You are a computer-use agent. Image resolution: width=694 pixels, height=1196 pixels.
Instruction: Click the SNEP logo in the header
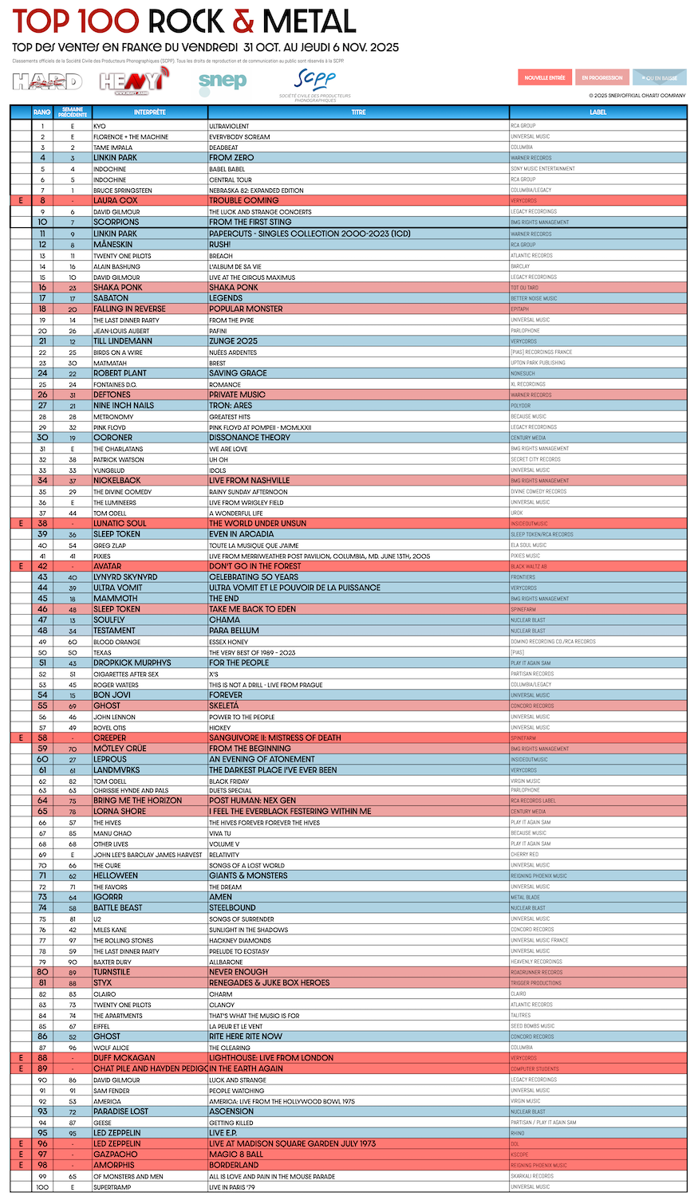[x=223, y=81]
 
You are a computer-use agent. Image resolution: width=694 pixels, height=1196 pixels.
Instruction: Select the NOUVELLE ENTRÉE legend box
[x=545, y=77]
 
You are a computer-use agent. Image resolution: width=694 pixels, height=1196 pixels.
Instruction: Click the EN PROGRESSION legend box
[x=602, y=77]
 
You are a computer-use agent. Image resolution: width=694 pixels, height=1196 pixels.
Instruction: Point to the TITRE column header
[x=358, y=112]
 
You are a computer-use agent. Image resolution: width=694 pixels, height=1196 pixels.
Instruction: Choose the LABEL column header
[x=597, y=112]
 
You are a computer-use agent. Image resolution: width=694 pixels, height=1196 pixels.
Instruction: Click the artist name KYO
[x=100, y=126]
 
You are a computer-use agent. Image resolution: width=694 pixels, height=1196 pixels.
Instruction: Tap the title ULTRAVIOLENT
[x=229, y=126]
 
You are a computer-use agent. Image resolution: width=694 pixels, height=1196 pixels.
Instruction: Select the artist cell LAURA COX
[x=115, y=201]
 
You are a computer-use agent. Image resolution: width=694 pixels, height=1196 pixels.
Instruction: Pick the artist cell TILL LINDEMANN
[x=122, y=341]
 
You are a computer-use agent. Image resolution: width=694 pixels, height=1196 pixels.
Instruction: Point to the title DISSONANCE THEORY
[x=250, y=438]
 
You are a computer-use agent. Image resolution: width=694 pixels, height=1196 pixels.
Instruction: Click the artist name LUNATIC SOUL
[x=120, y=524]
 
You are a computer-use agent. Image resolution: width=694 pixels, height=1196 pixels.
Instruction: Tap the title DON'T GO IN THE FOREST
[x=256, y=566]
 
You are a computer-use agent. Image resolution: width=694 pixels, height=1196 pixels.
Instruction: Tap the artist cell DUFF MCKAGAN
[x=124, y=1058]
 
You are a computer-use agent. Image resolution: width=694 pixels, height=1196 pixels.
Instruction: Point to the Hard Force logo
[x=47, y=81]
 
